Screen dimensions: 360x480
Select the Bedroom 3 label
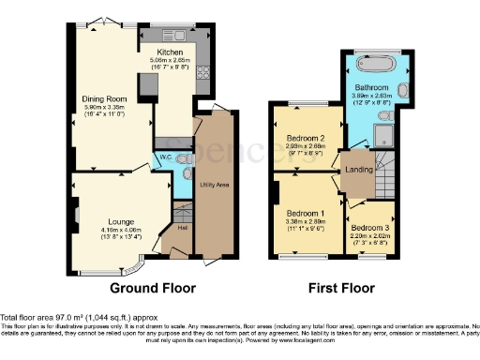[x=367, y=228]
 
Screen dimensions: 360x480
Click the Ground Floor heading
[x=153, y=288]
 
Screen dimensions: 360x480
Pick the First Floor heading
[x=341, y=288]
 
